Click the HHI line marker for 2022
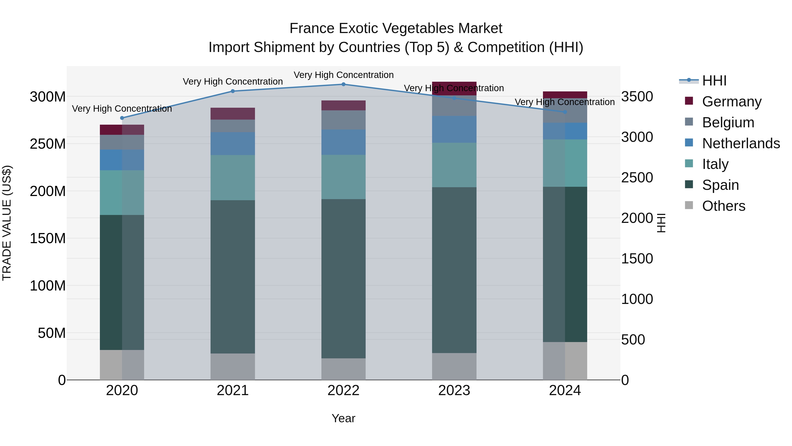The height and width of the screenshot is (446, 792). (343, 84)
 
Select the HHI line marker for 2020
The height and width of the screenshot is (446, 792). (122, 118)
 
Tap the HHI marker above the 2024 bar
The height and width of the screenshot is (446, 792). (565, 112)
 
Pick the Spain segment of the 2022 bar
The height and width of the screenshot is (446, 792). (343, 279)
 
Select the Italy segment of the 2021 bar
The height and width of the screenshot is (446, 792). (233, 178)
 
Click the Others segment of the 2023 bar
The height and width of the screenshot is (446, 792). (454, 366)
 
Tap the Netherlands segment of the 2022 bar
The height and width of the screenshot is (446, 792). (343, 142)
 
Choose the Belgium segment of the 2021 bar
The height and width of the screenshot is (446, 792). (233, 126)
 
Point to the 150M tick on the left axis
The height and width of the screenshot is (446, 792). (48, 239)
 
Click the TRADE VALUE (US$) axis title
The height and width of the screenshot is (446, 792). (7, 223)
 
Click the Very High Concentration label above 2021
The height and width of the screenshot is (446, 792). (233, 81)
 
